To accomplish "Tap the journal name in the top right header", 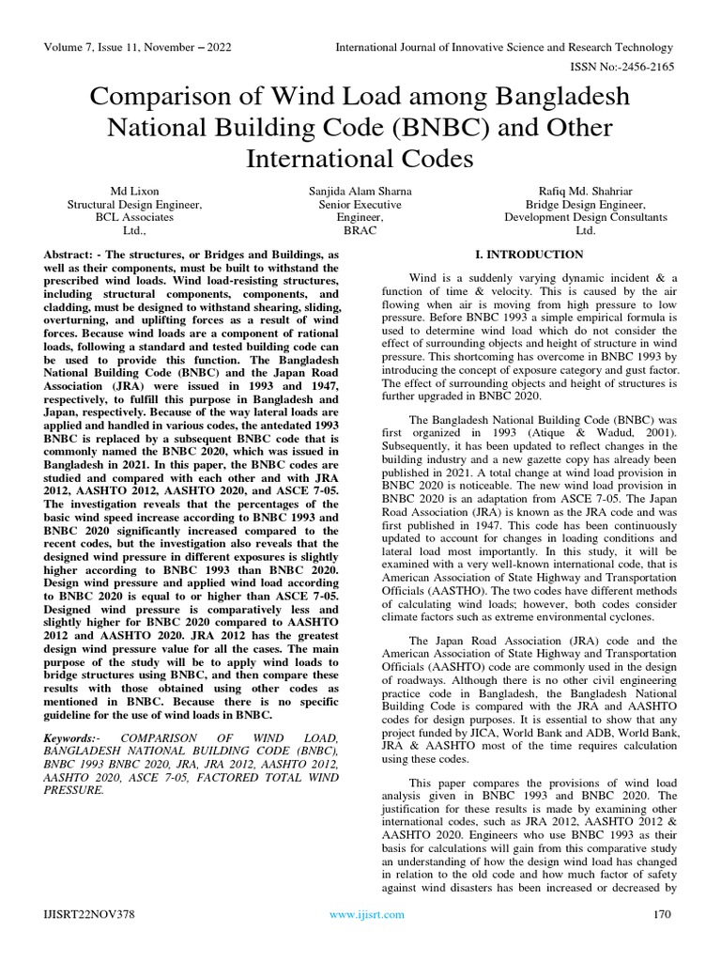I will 505,47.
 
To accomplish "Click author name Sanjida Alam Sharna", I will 360,191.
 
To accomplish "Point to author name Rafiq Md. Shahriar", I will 585,191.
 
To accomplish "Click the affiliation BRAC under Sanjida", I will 360,229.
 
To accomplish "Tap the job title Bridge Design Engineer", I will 585,204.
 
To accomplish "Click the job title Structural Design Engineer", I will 134,204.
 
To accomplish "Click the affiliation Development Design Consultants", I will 585,216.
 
